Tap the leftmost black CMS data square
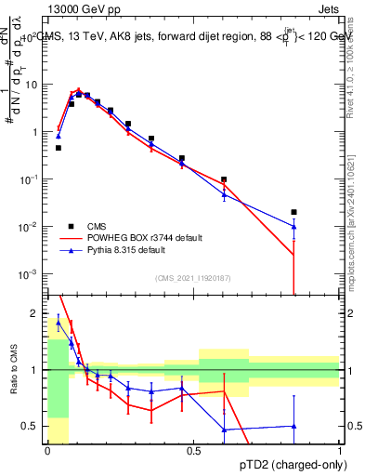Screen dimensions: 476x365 (x=59, y=148)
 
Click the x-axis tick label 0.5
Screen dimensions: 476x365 (x=193, y=451)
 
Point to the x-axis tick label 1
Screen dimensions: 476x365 (x=340, y=451)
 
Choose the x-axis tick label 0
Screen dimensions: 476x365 (x=47, y=451)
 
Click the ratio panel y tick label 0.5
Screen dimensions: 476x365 (x=33, y=427)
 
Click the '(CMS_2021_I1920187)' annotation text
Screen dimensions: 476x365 (x=193, y=278)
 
